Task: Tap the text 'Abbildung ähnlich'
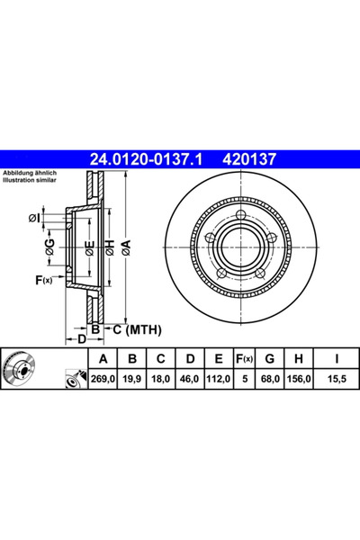(31, 173)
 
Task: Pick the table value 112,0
(214, 380)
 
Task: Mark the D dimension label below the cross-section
(80, 339)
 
